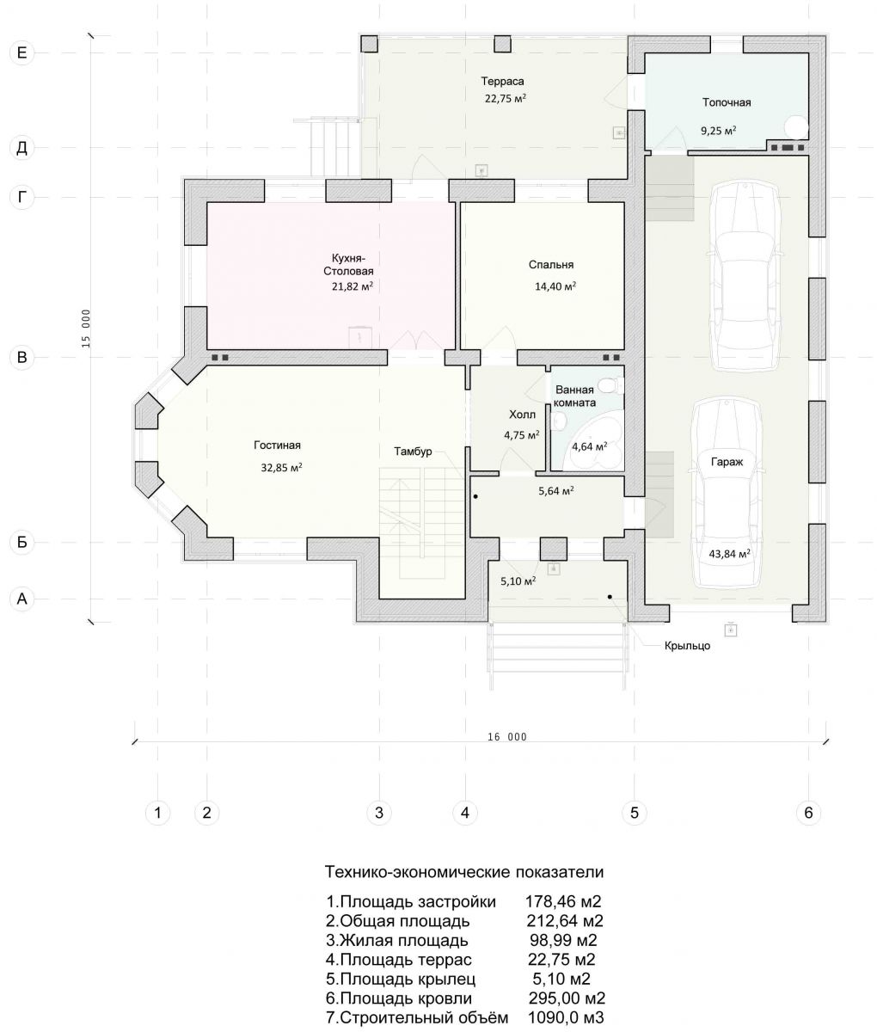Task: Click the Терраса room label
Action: click(502, 81)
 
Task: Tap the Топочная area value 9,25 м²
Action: click(718, 131)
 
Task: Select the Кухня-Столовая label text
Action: click(348, 265)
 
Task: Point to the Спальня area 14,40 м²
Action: click(555, 286)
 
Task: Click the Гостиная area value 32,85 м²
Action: click(281, 467)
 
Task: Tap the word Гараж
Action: click(727, 462)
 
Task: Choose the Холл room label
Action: click(522, 415)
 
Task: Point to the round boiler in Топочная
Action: click(796, 126)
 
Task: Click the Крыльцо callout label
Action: click(687, 646)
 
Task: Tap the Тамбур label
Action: click(413, 451)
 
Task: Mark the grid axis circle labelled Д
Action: click(22, 148)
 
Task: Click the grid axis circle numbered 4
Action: click(464, 814)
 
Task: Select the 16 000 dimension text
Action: click(507, 737)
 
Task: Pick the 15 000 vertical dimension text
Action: click(86, 328)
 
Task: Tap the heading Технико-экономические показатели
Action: click(464, 872)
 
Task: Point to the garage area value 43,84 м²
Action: click(730, 554)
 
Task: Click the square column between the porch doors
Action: click(554, 549)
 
